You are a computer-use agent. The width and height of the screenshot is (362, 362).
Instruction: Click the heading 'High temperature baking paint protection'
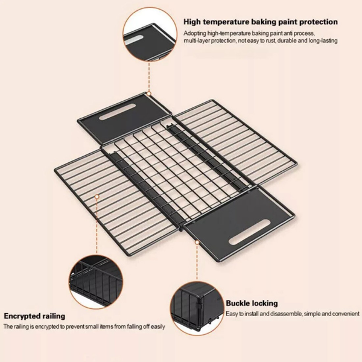pos(261,22)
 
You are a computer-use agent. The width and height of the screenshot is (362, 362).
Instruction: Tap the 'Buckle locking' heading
pos(252,303)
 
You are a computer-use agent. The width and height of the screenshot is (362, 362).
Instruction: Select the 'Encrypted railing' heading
pos(34,316)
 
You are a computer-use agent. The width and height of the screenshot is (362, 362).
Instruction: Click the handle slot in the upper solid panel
pos(117,112)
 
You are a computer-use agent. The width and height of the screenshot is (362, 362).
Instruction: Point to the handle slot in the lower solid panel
pos(249,232)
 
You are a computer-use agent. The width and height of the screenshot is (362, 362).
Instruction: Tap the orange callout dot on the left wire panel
pos(97,197)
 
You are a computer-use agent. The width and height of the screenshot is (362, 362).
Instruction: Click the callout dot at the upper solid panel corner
pos(149,94)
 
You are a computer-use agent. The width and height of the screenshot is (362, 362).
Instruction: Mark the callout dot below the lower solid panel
pos(197,243)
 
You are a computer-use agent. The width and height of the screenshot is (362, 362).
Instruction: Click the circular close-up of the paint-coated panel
pos(150,34)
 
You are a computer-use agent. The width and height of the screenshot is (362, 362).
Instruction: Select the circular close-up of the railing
pos(95,282)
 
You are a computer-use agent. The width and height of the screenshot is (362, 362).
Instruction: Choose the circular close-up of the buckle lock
pos(197,308)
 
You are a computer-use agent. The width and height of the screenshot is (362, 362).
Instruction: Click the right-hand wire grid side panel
pos(235,142)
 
